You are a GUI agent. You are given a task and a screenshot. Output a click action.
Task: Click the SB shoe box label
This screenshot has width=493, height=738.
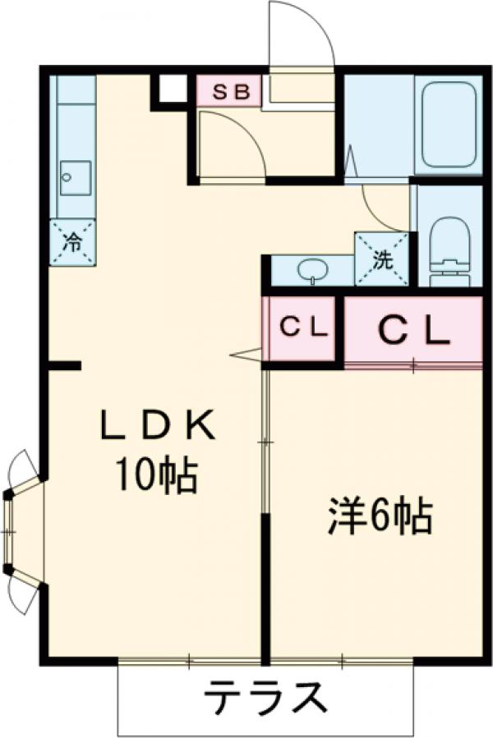229,91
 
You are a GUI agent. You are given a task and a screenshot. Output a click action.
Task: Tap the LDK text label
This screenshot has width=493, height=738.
157,427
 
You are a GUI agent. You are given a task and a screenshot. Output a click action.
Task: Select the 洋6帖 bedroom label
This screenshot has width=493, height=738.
380,516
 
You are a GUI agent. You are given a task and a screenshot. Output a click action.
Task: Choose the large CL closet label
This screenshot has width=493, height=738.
413,330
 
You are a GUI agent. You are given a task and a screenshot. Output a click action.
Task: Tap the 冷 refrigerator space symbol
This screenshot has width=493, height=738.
72,242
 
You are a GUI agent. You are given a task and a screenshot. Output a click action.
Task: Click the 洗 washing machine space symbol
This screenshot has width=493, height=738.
381,259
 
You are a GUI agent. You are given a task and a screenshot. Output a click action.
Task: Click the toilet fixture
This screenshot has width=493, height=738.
449,242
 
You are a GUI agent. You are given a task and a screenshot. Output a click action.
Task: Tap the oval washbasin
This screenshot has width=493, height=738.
312,268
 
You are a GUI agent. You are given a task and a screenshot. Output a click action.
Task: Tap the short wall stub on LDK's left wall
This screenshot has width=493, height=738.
64,364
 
